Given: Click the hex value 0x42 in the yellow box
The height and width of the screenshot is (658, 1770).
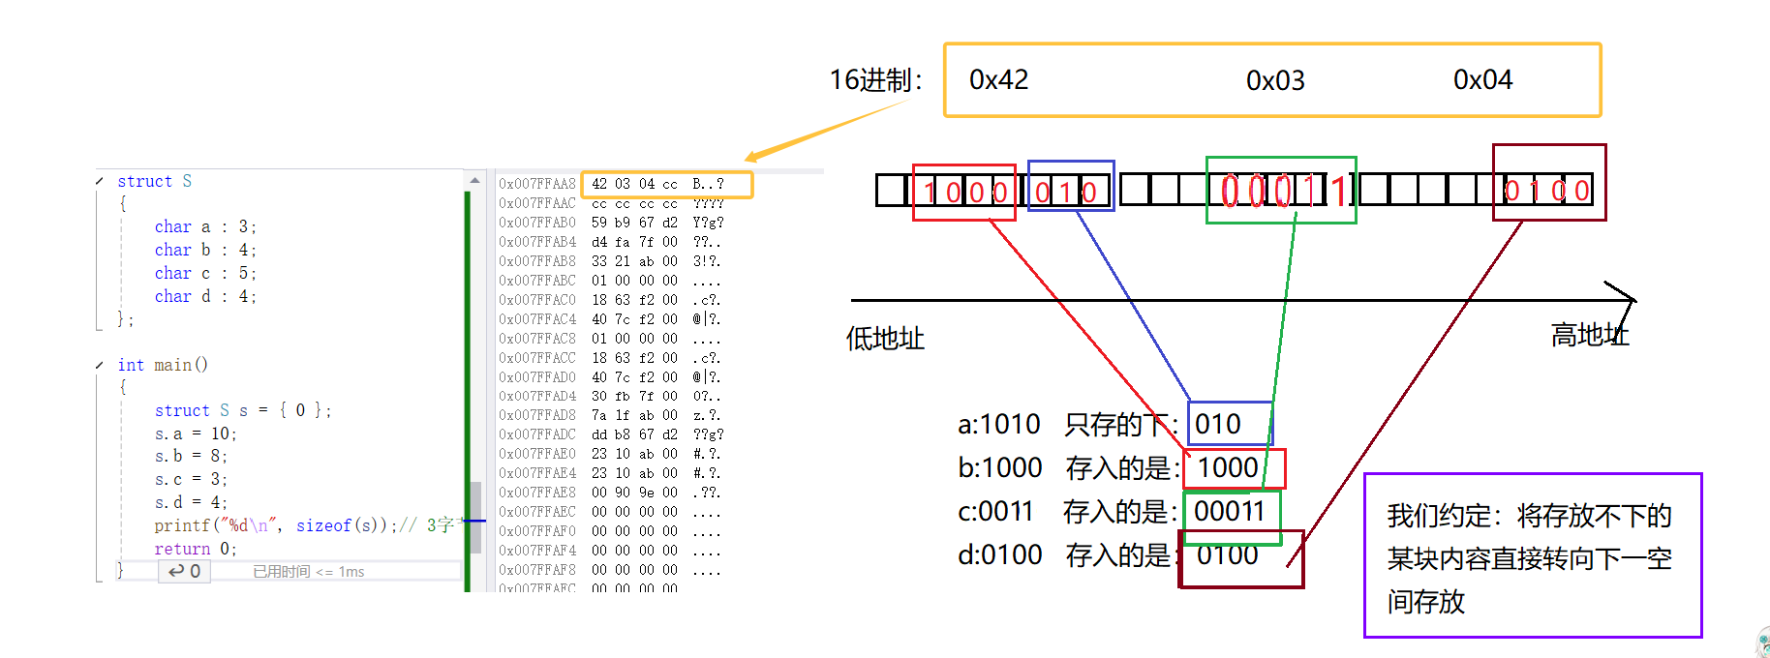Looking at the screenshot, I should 998,79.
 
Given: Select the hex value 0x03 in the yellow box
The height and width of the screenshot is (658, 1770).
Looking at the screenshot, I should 1275,80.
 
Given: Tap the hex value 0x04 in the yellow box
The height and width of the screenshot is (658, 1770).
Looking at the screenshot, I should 1482,79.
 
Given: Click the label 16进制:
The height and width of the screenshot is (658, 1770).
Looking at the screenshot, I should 875,80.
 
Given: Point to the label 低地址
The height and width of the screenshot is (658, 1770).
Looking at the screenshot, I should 885,339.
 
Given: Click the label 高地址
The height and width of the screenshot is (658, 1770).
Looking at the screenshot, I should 1589,336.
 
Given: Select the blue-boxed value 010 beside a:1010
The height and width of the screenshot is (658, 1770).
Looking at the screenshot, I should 1218,424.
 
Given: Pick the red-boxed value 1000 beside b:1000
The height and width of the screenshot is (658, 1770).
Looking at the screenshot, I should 1228,468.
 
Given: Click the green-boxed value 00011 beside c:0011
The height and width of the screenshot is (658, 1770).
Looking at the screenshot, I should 1229,511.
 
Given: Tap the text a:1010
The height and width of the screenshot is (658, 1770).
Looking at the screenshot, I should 998,424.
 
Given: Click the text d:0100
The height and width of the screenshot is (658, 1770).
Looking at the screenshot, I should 999,555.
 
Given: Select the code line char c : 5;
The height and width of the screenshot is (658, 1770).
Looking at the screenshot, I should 205,273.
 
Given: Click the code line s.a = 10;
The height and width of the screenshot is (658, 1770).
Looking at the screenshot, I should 196,434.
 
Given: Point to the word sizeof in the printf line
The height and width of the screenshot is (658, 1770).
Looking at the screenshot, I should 323,525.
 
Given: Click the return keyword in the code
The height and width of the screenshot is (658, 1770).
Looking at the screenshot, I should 182,549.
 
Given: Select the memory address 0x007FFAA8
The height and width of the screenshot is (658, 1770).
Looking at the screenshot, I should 537,184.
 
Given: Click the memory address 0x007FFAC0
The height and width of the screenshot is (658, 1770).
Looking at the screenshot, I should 537,300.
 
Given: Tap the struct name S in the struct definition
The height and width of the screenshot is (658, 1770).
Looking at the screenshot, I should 187,181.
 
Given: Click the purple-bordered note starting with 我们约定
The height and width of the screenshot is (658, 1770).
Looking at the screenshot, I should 1532,557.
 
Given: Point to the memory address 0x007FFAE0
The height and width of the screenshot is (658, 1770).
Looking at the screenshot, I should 537,454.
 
